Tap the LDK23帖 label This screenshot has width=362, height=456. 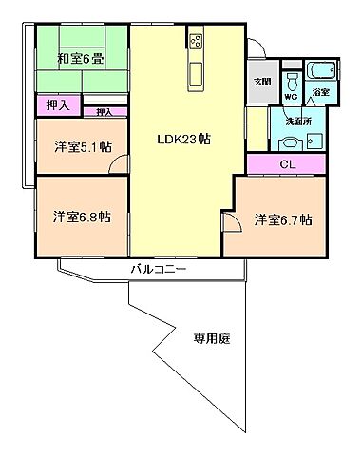click(x=183, y=138)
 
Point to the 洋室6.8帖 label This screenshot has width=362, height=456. click(x=81, y=217)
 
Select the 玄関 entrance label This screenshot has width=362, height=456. click(x=261, y=82)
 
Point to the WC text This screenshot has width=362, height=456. click(x=292, y=96)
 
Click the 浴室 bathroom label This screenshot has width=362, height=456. click(x=321, y=93)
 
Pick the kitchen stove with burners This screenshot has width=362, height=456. click(x=197, y=42)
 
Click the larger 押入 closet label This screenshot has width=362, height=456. click(x=57, y=105)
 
